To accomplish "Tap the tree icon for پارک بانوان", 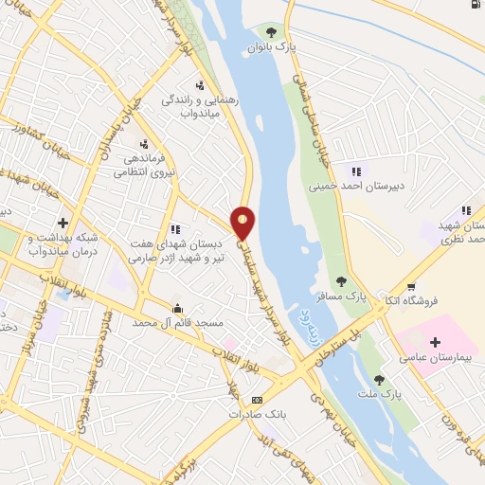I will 273,31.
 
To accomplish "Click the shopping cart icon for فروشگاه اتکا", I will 411,285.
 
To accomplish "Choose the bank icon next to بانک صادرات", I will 256,401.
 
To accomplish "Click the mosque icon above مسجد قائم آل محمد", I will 177,308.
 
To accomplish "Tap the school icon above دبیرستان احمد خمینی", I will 357,171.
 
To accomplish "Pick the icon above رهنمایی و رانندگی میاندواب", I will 200,85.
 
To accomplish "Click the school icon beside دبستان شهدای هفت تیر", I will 175,228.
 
